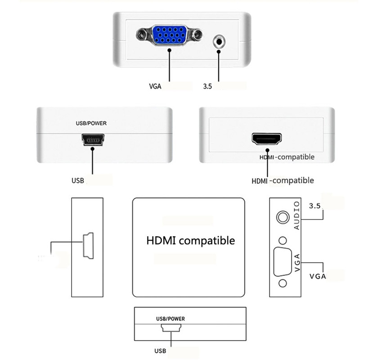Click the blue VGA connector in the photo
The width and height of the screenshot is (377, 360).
coord(169,35)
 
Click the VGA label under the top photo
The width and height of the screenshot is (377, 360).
coord(155,85)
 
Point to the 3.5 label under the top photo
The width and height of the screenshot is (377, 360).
coord(207,85)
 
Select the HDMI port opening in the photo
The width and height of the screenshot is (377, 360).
coord(266,139)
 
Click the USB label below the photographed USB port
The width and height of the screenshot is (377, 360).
coord(78,180)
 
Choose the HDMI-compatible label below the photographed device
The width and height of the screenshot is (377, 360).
coord(283,180)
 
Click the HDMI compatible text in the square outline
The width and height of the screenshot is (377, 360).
coord(190,240)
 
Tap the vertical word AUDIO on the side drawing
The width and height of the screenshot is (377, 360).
coord(296,216)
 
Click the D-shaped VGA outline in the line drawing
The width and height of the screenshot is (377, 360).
coord(282,261)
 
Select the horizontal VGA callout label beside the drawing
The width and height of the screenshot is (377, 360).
coord(318,276)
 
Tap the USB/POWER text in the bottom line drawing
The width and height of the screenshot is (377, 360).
coord(170,319)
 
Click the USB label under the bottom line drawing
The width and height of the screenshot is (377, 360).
coord(160,351)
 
